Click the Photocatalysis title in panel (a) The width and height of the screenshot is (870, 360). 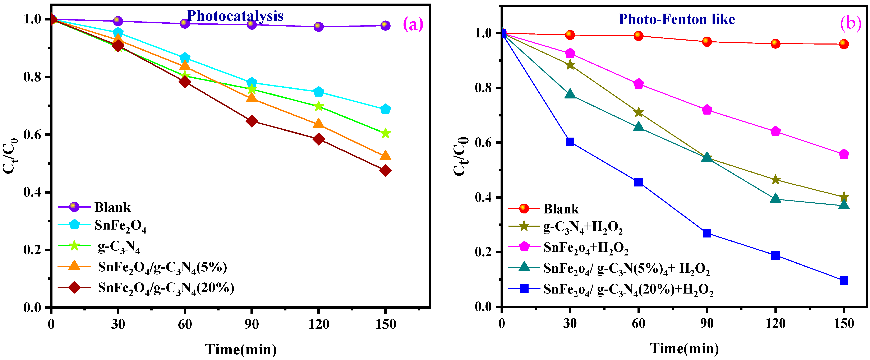click(235, 16)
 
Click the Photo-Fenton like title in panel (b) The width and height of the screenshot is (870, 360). click(676, 19)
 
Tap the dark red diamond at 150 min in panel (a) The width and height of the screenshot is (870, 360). click(385, 171)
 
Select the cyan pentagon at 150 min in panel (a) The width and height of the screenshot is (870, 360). click(385, 109)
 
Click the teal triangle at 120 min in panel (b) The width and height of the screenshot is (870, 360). click(775, 198)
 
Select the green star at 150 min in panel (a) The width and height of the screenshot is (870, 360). click(385, 133)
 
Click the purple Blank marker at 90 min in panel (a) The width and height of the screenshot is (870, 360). click(251, 24)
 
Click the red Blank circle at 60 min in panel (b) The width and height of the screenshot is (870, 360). click(638, 36)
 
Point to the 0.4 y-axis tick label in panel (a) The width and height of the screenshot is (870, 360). click(32, 192)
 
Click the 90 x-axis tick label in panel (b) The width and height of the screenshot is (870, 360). click(707, 324)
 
